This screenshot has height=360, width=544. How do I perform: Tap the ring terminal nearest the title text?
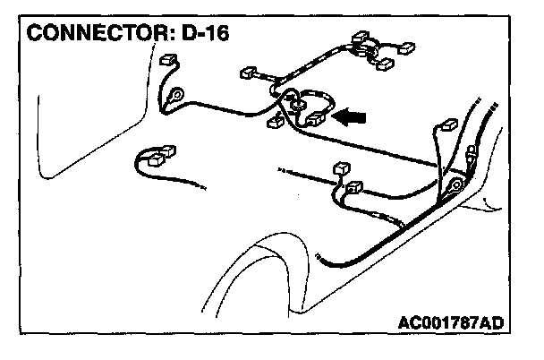coord(178,93)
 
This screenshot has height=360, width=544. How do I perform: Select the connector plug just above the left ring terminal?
coord(167,64)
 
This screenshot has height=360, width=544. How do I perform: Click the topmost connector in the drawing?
coord(361,39)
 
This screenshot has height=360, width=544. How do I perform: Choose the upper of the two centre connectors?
coord(340,169)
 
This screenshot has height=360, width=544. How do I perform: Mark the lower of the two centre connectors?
coord(353,188)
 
